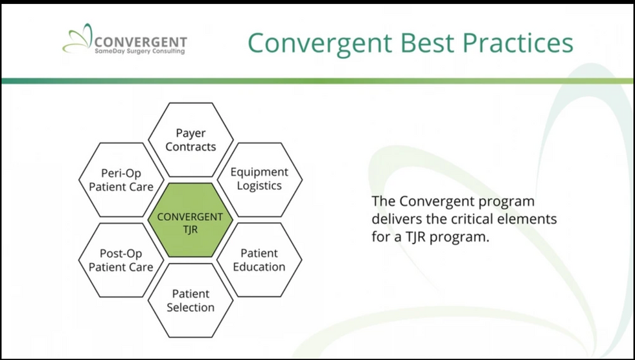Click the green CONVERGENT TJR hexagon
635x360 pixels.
pos(190,220)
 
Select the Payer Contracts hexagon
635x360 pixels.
pos(190,140)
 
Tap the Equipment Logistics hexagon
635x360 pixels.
pos(260,179)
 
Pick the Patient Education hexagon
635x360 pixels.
pos(260,260)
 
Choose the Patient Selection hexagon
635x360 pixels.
pos(190,300)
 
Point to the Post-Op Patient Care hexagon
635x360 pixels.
pos(121,260)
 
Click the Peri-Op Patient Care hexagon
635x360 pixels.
pos(121,179)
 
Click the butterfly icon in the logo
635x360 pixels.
pos(77,39)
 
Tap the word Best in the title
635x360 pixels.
pos(427,43)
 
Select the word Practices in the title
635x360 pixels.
pos(518,43)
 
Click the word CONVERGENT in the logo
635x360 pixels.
pos(141,42)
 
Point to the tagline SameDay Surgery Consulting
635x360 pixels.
pos(140,51)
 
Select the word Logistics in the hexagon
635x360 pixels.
pos(260,186)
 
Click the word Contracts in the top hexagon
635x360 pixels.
pos(190,146)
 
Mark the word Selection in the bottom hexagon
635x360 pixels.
pos(190,308)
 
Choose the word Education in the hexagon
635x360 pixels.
pos(259,267)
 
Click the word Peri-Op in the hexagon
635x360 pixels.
pos(121,173)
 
